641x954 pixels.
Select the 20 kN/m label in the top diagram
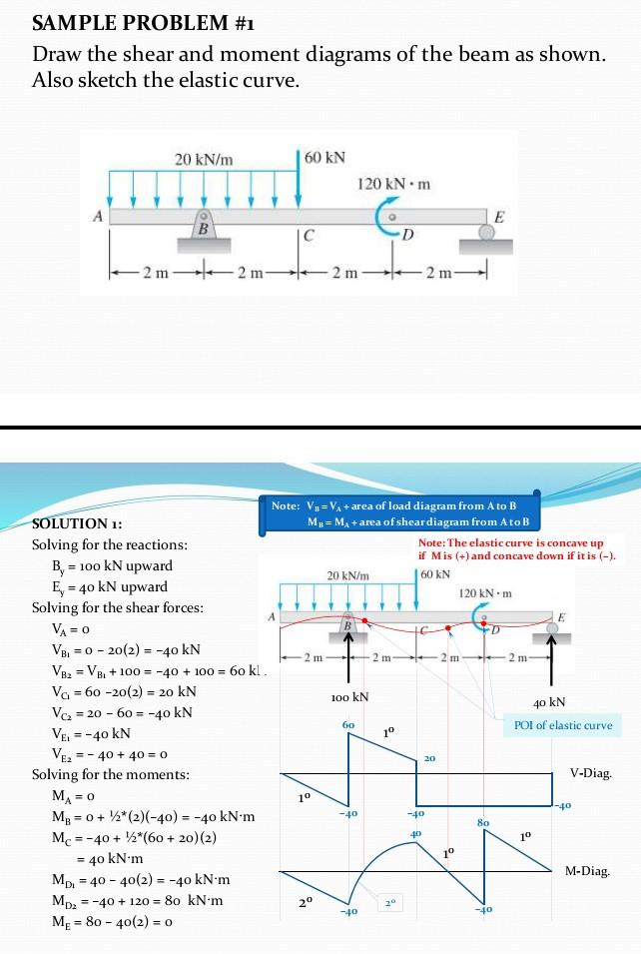204,159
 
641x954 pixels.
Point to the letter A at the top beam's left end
98,215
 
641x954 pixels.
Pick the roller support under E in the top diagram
487,233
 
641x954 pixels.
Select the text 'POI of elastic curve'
561,725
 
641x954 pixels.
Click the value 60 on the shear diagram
347,721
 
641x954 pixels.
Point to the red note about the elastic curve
516,548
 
